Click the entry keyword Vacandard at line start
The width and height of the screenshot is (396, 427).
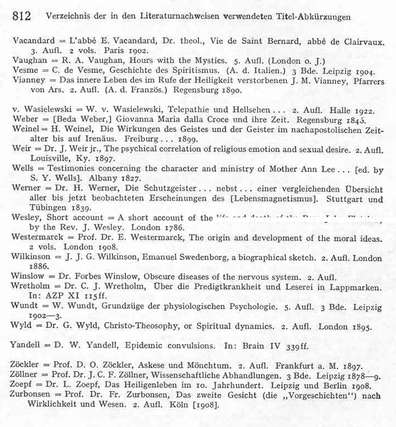pyautogui.click(x=32, y=41)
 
